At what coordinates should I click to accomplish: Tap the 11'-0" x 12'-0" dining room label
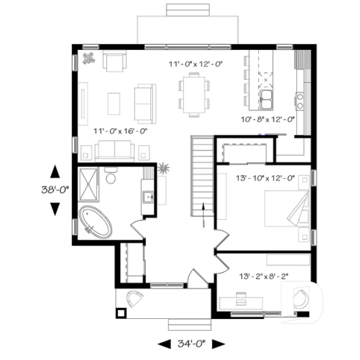[x=195, y=65]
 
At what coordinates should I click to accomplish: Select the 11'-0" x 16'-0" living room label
[x=121, y=131]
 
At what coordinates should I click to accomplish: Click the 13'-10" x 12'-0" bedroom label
[x=266, y=178]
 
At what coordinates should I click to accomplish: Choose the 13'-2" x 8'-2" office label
[x=264, y=276]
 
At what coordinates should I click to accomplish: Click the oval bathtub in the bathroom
[x=96, y=222]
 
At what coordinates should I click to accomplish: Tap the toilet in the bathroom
[x=111, y=177]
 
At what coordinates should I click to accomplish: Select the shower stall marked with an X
[x=89, y=185]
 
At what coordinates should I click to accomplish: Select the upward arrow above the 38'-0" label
[x=54, y=173]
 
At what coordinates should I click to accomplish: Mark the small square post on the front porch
[x=122, y=313]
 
